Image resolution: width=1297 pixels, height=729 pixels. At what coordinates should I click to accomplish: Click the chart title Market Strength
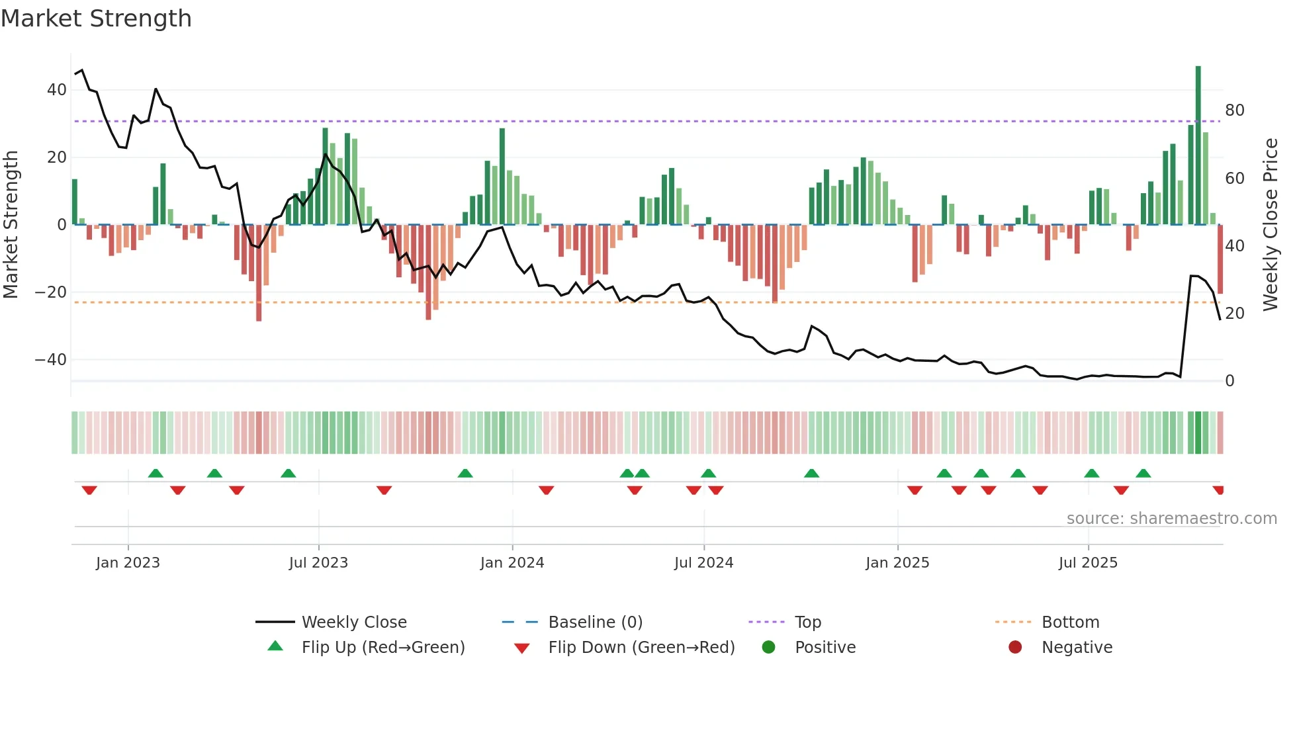[96, 19]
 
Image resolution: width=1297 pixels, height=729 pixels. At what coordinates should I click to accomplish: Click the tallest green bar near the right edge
[1198, 146]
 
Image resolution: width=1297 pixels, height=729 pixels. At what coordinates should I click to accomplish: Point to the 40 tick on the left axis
[56, 90]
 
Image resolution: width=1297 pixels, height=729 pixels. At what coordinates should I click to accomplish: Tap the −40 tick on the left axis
[51, 360]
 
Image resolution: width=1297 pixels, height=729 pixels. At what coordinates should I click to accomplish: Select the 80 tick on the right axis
[1234, 110]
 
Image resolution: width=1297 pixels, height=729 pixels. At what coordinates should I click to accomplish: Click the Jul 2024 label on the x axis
[703, 563]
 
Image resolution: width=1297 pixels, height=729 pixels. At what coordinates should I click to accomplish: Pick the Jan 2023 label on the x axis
[128, 563]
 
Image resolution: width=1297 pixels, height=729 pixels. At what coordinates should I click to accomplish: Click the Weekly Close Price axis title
[1271, 225]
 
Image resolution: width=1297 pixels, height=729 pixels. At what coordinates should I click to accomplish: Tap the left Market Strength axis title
[11, 225]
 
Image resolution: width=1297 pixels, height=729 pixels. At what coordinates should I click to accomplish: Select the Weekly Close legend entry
[353, 622]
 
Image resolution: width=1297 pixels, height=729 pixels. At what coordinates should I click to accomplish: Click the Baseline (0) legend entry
[595, 622]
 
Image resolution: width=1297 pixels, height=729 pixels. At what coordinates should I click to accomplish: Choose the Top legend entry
[807, 622]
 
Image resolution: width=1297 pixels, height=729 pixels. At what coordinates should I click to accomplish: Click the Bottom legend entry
[1070, 622]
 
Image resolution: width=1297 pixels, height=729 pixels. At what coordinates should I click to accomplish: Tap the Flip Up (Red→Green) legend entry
[382, 648]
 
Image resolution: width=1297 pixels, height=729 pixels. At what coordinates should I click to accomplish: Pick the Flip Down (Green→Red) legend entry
[641, 648]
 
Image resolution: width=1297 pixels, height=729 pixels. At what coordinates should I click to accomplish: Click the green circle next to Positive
[768, 648]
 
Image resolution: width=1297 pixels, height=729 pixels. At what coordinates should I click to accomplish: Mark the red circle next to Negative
[1015, 648]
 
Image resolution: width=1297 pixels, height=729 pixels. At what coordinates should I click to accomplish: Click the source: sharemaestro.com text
[1171, 519]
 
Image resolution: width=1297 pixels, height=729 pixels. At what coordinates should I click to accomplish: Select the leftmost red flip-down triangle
[89, 490]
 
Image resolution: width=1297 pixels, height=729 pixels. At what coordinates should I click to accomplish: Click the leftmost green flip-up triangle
[156, 473]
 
